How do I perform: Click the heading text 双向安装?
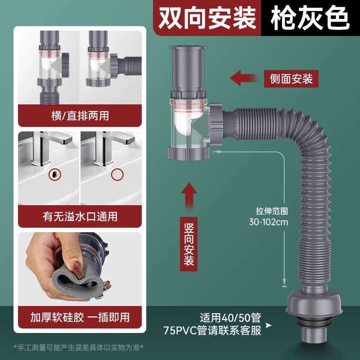pyautogui.click(x=207, y=18)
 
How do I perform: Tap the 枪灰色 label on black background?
pyautogui.click(x=310, y=18)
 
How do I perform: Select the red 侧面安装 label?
pyautogui.click(x=291, y=79)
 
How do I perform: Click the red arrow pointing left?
pyautogui.click(x=243, y=78)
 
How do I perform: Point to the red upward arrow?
pyautogui.click(x=189, y=196)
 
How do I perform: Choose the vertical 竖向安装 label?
pyautogui.click(x=189, y=244)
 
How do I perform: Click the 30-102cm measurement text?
pyautogui.click(x=268, y=222)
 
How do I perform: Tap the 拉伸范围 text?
pyautogui.click(x=272, y=211)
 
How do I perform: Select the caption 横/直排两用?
pyautogui.click(x=80, y=116)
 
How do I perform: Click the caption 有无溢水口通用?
pyautogui.click(x=80, y=216)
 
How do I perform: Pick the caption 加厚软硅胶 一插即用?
pyautogui.click(x=80, y=318)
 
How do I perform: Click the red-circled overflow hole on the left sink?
pyautogui.click(x=55, y=175)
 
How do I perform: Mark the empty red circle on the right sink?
pyautogui.click(x=117, y=175)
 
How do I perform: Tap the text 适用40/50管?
pyautogui.click(x=230, y=318)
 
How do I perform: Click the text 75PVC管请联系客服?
pyautogui.click(x=212, y=331)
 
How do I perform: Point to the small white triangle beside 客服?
pyautogui.click(x=268, y=325)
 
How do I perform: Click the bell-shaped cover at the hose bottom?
pyautogui.click(x=314, y=302)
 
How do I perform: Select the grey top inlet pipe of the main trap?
pyautogui.click(x=188, y=68)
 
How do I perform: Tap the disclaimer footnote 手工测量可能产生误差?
pyautogui.click(x=78, y=347)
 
